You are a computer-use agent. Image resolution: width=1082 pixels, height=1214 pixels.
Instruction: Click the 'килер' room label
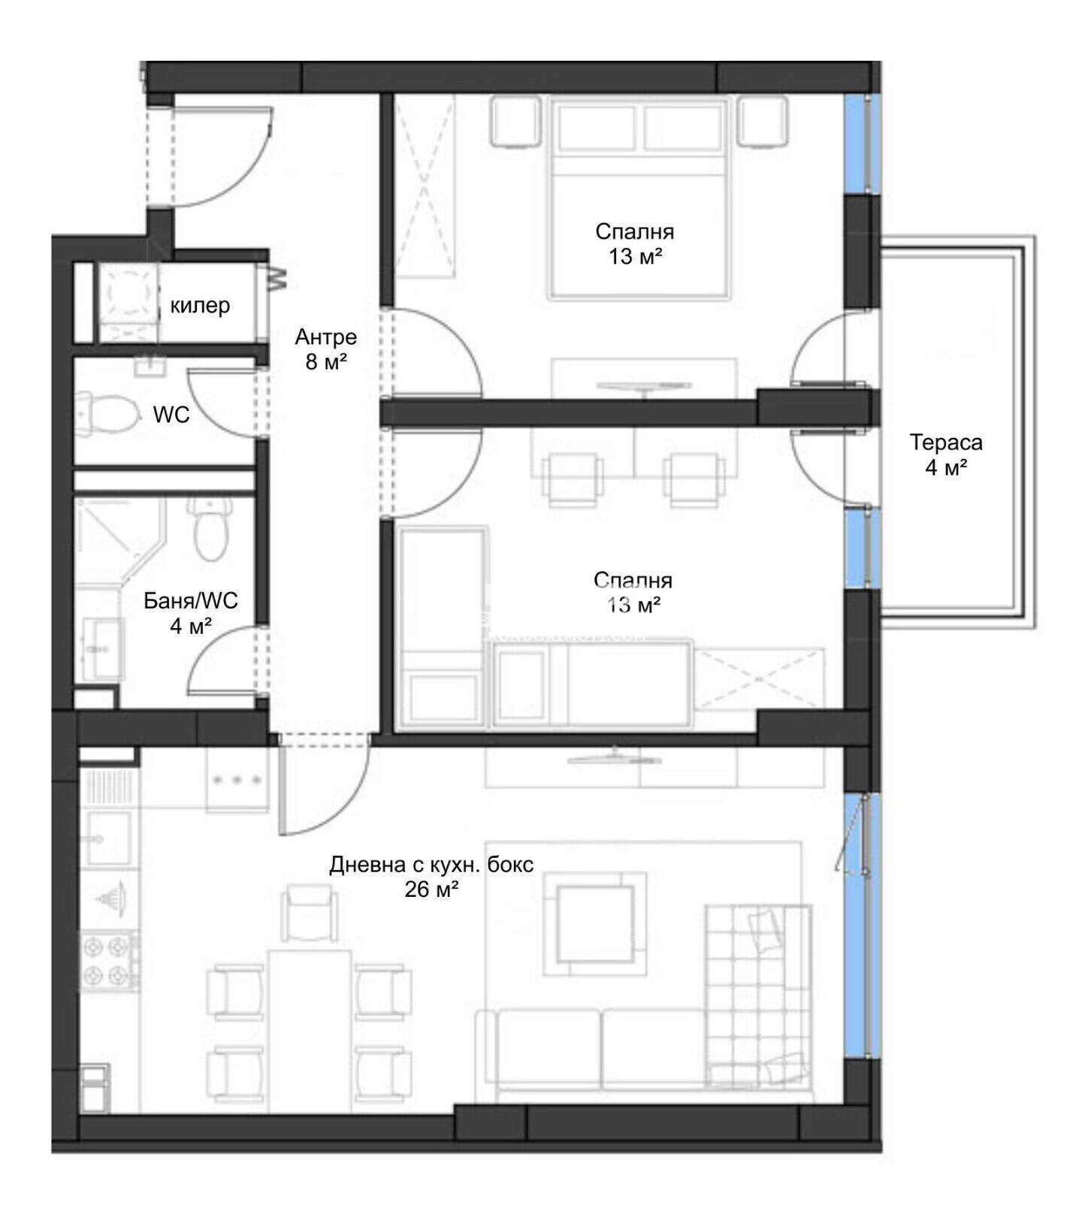click(x=200, y=306)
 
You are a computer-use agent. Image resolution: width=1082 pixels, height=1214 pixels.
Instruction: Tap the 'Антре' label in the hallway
click(x=325, y=337)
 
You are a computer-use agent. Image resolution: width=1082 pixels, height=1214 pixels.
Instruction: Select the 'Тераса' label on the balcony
click(x=946, y=442)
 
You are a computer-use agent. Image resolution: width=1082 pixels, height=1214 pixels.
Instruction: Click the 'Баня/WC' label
click(x=191, y=600)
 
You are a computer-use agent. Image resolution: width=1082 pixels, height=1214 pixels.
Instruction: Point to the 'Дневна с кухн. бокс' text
click(x=431, y=865)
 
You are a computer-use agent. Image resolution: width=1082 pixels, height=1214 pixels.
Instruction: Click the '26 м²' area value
click(x=431, y=890)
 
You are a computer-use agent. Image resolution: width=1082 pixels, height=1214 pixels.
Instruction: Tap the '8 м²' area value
click(x=325, y=363)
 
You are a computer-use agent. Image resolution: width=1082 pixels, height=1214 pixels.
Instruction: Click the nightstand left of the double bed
click(x=515, y=121)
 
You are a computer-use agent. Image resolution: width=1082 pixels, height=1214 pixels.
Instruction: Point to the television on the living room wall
click(x=616, y=757)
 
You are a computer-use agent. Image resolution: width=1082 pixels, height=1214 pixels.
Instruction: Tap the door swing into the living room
click(x=323, y=786)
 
